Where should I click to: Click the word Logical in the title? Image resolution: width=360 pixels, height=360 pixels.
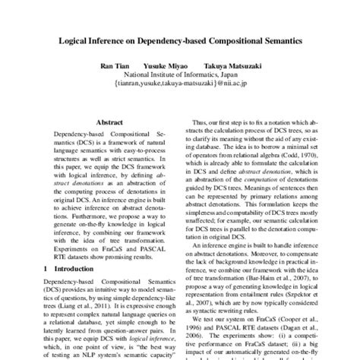pyautogui.click(x=74, y=36)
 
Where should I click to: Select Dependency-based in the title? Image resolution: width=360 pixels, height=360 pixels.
pyautogui.click(x=183, y=36)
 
